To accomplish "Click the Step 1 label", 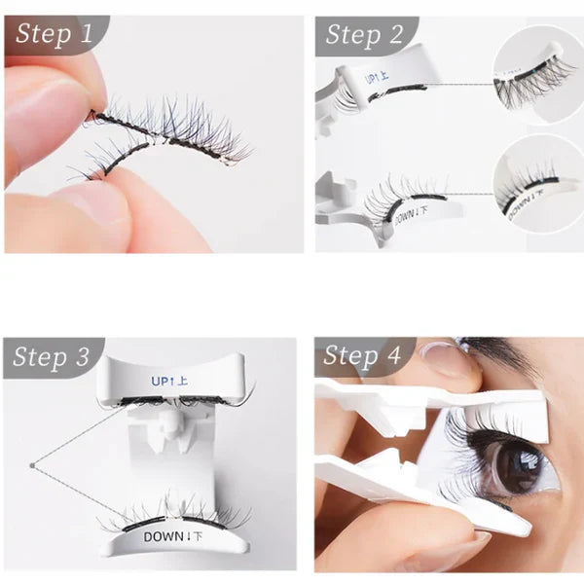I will click(x=55, y=36).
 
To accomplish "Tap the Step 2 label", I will click(x=364, y=36).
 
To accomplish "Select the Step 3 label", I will click(x=55, y=357).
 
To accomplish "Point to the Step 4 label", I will click(x=363, y=356).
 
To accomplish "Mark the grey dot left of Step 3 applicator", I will click(x=32, y=465).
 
